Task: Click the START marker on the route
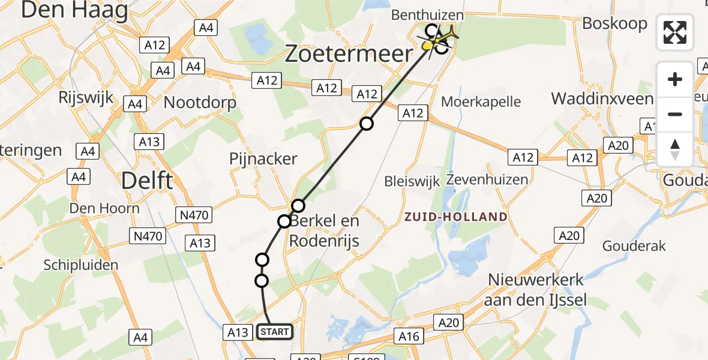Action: tap(275, 332)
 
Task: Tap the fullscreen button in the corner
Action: tap(675, 32)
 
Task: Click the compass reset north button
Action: tap(675, 149)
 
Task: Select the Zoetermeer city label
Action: tap(349, 54)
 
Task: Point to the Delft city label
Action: tap(147, 180)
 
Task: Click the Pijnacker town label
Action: tap(263, 159)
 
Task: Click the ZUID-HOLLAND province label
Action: tap(456, 217)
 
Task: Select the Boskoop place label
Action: tap(615, 24)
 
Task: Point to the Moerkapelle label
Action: tap(481, 101)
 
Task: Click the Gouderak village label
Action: tap(634, 246)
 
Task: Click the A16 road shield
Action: tap(409, 337)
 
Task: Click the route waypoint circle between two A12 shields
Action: tap(366, 124)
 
